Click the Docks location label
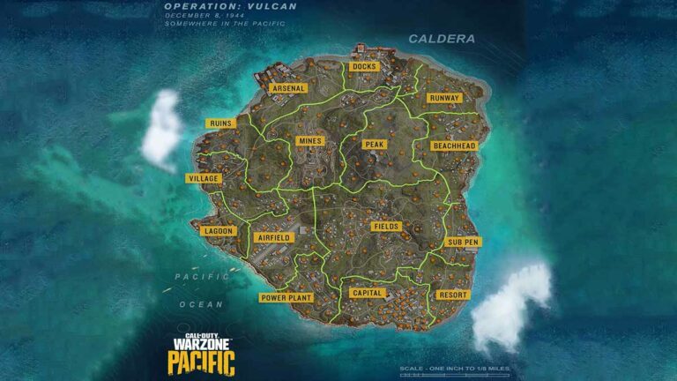coord(364,67)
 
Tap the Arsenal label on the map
coord(289,88)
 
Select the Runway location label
coord(443,98)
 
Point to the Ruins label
coord(219,123)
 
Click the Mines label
coord(310,140)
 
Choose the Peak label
coord(374,144)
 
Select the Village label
coord(204,178)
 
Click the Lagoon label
coord(218,231)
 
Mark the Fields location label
coord(386,227)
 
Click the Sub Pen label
coord(463,242)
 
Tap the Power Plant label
coord(286,298)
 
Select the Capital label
coord(366,293)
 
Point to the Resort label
coord(452,295)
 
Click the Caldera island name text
coord(442,39)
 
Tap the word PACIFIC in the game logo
coord(201,361)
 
